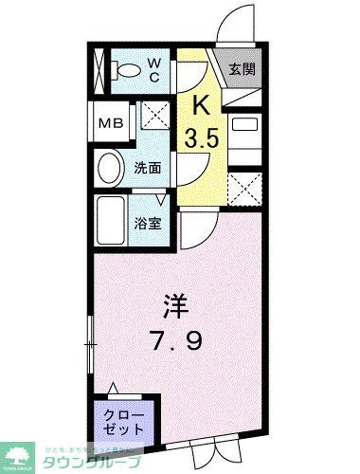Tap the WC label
(155, 70)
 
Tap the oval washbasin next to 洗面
(110, 171)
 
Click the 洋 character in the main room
(174, 309)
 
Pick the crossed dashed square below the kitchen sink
(245, 187)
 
